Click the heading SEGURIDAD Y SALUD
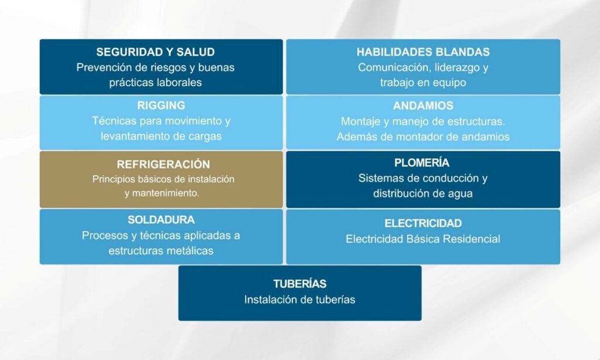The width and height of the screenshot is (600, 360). pos(155,52)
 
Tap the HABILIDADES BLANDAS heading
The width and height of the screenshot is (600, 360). pos(423,52)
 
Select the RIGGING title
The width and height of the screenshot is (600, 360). pos(161,106)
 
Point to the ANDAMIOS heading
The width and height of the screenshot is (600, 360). pos(423,106)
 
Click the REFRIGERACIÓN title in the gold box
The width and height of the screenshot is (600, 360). pos(163,164)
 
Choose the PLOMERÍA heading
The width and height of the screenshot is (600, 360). pos(422,163)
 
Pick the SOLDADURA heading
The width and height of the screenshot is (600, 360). pos(161,220)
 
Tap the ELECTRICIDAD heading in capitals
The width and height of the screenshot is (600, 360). pos(423,223)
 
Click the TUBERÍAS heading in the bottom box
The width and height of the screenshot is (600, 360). pos(299,284)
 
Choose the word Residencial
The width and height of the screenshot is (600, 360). pos(472,239)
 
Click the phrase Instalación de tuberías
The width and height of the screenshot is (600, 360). pos(299,300)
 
